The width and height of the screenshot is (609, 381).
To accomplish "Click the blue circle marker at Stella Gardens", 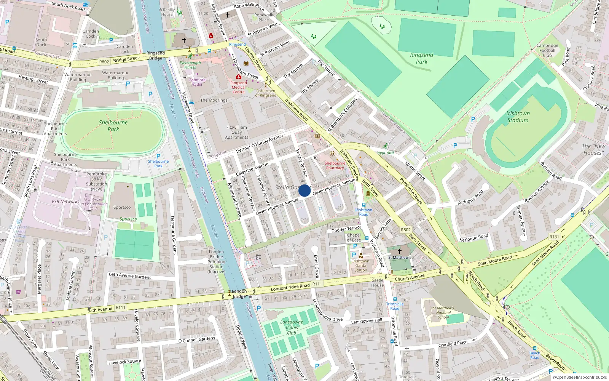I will pyautogui.click(x=304, y=190).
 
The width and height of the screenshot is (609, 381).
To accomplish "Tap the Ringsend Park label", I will pyautogui.click(x=422, y=58).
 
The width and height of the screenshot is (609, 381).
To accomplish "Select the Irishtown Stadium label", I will pyautogui.click(x=518, y=117).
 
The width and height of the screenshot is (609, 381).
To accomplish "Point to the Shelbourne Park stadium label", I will pyautogui.click(x=113, y=126).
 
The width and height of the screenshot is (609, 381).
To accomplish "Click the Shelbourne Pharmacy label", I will pyautogui.click(x=335, y=165).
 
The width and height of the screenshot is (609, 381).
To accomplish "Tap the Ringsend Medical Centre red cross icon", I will pyautogui.click(x=239, y=77).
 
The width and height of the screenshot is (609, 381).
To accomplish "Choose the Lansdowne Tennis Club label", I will pyautogui.click(x=292, y=327).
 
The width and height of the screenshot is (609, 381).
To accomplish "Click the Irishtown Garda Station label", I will pyautogui.click(x=360, y=266).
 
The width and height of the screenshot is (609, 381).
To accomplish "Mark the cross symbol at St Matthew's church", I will pyautogui.click(x=399, y=251).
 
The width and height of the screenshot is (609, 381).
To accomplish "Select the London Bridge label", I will pyautogui.click(x=239, y=294).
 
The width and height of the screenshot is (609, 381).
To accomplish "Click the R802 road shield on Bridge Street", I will pyautogui.click(x=104, y=62).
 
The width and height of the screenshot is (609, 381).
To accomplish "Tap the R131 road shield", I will pyautogui.click(x=554, y=237).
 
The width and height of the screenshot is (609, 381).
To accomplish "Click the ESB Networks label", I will pyautogui.click(x=65, y=202).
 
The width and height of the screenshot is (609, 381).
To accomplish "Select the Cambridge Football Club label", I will pyautogui.click(x=547, y=50).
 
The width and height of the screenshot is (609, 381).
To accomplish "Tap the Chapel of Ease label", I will pyautogui.click(x=354, y=237).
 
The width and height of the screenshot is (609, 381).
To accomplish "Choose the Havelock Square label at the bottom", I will pyautogui.click(x=124, y=362).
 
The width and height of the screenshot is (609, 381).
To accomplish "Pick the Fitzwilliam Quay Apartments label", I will pyautogui.click(x=236, y=132).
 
